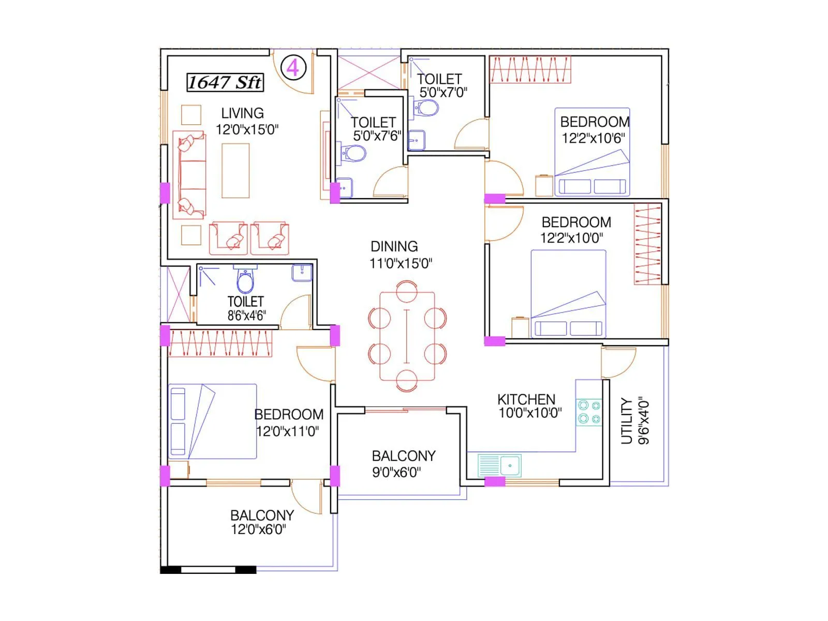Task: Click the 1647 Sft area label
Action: pyautogui.click(x=225, y=82)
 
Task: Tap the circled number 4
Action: pyautogui.click(x=293, y=68)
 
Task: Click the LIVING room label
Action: pyautogui.click(x=242, y=113)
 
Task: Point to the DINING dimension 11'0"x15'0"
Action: pyautogui.click(x=401, y=263)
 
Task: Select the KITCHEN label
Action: pyautogui.click(x=526, y=399)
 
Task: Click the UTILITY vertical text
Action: pyautogui.click(x=627, y=421)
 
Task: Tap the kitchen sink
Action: pyautogui.click(x=499, y=465)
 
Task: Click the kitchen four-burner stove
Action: pyautogui.click(x=589, y=412)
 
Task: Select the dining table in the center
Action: pyautogui.click(x=407, y=336)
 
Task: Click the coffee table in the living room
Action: pyautogui.click(x=235, y=171)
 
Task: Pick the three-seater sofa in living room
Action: pyautogui.click(x=189, y=174)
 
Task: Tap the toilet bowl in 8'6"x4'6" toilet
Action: pyautogui.click(x=245, y=282)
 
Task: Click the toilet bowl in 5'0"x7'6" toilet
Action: pyautogui.click(x=354, y=153)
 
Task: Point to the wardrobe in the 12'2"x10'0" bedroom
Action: pyautogui.click(x=647, y=245)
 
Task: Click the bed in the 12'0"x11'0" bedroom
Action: pyautogui.click(x=213, y=421)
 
